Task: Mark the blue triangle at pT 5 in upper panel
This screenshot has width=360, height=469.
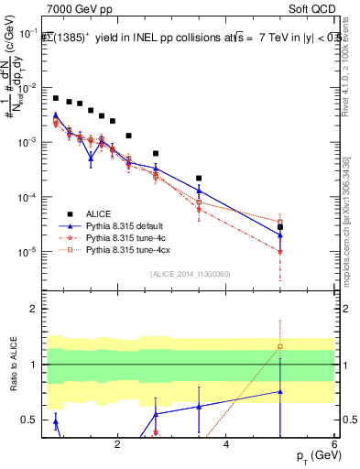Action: (x=280, y=235)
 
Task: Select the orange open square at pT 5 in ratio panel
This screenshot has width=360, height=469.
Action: (x=280, y=346)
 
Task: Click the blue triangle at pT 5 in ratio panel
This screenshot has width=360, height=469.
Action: (x=280, y=391)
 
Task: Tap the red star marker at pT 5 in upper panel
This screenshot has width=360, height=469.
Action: (x=280, y=252)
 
